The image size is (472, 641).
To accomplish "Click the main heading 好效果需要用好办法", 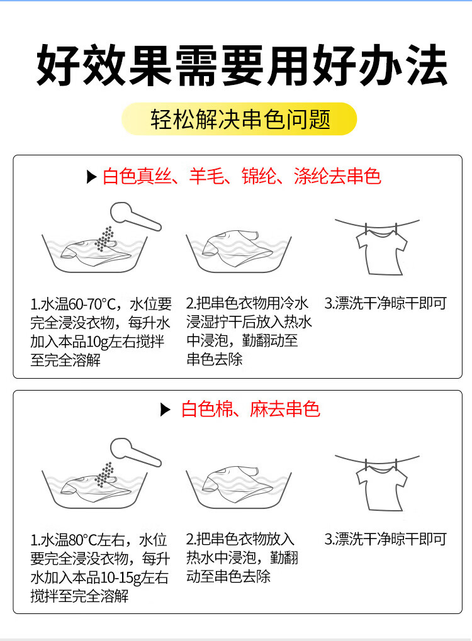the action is [x=242, y=65].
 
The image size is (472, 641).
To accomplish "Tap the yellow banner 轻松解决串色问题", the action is [x=239, y=119].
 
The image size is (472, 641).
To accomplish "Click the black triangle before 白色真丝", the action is [x=92, y=177].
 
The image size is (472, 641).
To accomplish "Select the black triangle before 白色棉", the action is [x=166, y=410].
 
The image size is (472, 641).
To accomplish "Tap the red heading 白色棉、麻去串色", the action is [x=250, y=410].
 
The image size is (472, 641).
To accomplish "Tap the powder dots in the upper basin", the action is [x=105, y=239].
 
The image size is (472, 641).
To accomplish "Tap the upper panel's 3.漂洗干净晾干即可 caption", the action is [x=385, y=303].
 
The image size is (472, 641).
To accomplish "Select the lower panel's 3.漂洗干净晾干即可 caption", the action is [x=385, y=539].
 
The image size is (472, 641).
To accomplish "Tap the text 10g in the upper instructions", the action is [x=98, y=342].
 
